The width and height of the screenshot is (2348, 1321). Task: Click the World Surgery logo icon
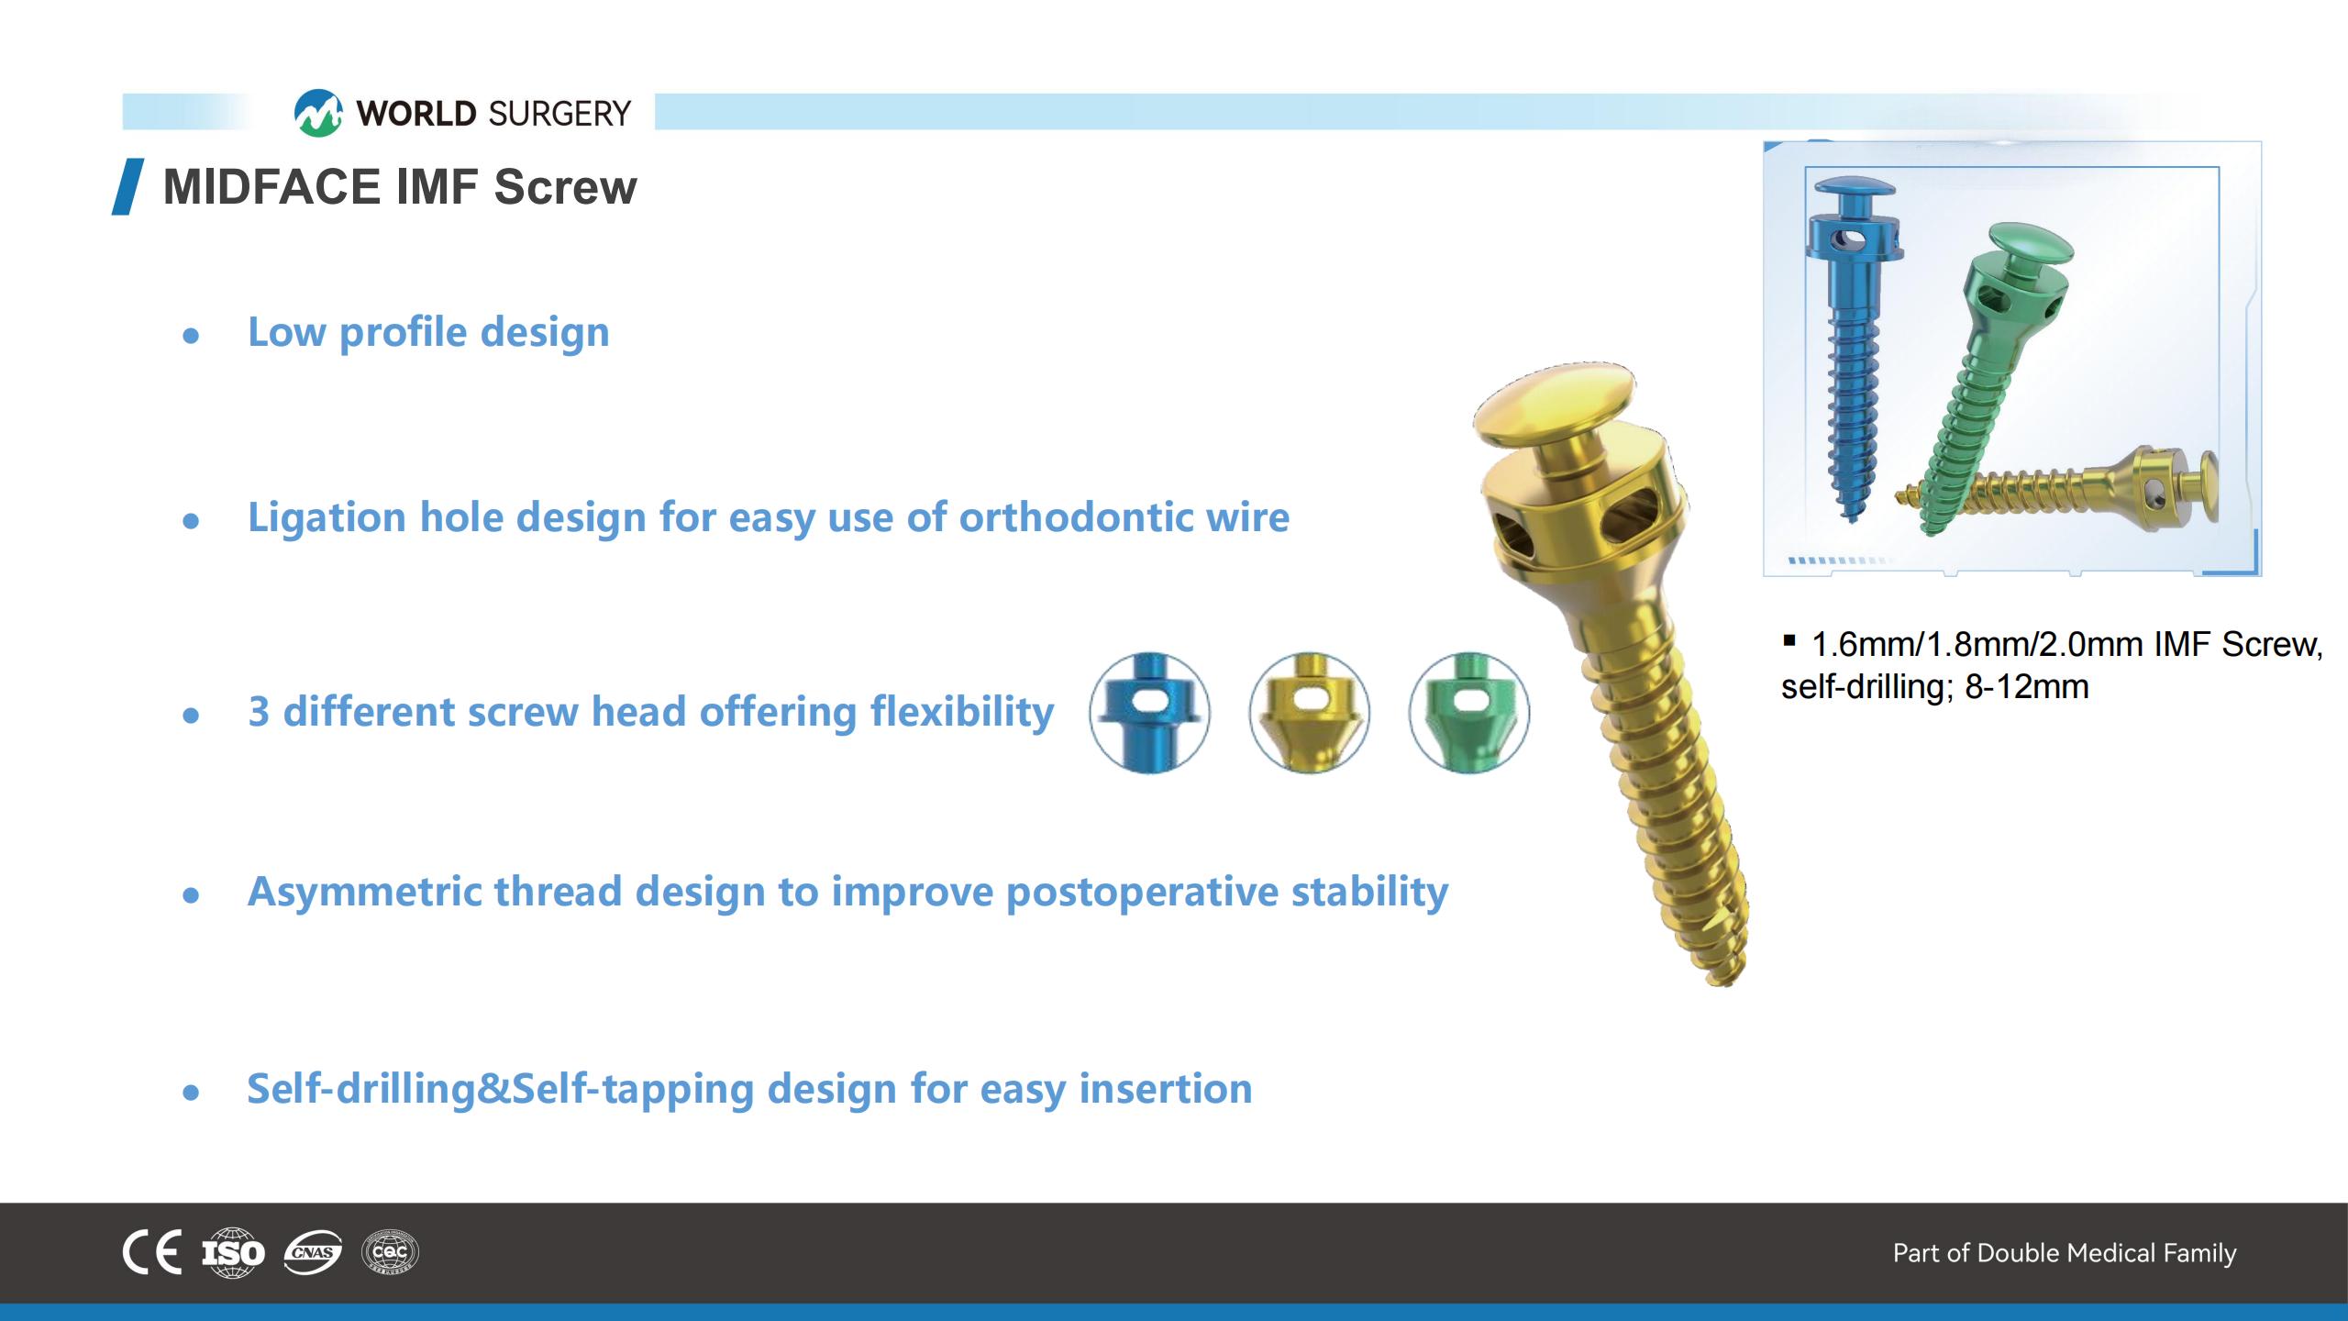coord(318,113)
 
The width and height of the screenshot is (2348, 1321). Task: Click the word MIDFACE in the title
coord(272,187)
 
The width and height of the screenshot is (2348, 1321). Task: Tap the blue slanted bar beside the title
coord(127,187)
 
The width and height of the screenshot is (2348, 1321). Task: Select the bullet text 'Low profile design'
coord(428,332)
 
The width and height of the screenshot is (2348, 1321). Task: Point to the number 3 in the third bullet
coord(259,712)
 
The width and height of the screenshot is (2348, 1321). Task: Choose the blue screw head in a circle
coord(1149,713)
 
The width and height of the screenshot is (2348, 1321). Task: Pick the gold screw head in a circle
coord(1309,713)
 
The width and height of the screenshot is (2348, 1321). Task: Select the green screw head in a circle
coord(1469,713)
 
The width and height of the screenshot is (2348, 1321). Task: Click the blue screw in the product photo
coord(1851,349)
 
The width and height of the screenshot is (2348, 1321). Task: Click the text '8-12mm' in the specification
coord(2026,687)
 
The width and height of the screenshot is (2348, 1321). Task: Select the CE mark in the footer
coord(152,1252)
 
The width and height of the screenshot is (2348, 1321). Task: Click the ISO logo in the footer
coord(233,1252)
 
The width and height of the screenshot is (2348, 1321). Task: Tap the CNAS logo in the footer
coord(313,1252)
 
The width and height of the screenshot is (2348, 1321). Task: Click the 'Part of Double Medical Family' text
coord(2065,1253)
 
